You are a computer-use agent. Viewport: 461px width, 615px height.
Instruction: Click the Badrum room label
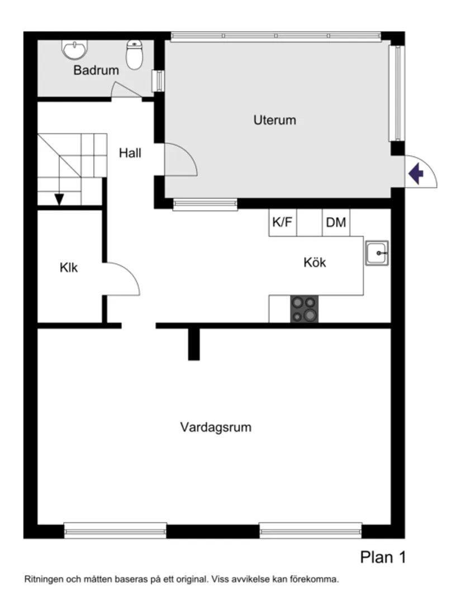click(x=96, y=70)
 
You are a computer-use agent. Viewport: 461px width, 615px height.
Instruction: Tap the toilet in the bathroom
click(x=135, y=54)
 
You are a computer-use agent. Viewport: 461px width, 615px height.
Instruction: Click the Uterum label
click(x=274, y=120)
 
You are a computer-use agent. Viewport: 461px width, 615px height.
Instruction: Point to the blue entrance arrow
click(x=416, y=174)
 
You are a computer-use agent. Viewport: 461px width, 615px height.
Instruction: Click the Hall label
click(x=130, y=152)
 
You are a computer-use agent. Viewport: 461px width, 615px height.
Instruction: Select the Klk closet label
click(x=69, y=268)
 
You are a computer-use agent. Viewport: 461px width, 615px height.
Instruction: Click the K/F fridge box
click(x=282, y=222)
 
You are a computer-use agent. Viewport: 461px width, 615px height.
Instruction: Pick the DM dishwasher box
click(x=336, y=222)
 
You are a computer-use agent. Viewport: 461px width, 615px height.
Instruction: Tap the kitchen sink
click(x=377, y=254)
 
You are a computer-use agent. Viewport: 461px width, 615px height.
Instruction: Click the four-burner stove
click(x=304, y=309)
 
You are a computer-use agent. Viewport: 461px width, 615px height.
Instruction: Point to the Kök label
click(x=315, y=262)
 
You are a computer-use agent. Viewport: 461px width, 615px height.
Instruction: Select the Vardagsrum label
click(x=216, y=427)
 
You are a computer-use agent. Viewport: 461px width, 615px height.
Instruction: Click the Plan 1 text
click(x=383, y=557)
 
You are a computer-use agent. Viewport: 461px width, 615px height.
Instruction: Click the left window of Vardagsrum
click(x=115, y=530)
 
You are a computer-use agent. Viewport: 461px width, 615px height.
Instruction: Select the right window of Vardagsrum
click(x=311, y=530)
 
